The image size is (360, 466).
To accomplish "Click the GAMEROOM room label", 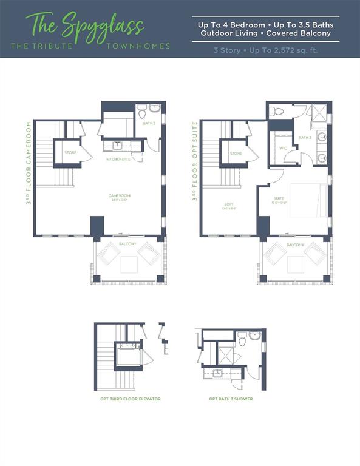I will [x=120, y=195].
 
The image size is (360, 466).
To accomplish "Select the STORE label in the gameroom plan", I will [x=70, y=152].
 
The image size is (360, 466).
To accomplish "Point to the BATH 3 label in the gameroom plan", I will [x=149, y=123].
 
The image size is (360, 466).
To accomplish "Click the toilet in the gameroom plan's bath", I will [x=142, y=112].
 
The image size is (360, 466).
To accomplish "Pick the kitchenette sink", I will [x=117, y=146].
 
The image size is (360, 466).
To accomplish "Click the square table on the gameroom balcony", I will [x=129, y=264].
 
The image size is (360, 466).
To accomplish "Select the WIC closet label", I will [x=283, y=148].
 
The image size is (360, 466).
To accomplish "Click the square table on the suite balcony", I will [x=296, y=265].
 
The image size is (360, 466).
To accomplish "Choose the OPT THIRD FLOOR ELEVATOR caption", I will [x=131, y=399].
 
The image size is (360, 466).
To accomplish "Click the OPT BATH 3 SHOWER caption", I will [x=231, y=399].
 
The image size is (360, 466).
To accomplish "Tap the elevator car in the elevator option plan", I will [x=128, y=355].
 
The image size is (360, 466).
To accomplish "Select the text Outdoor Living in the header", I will [x=227, y=33].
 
